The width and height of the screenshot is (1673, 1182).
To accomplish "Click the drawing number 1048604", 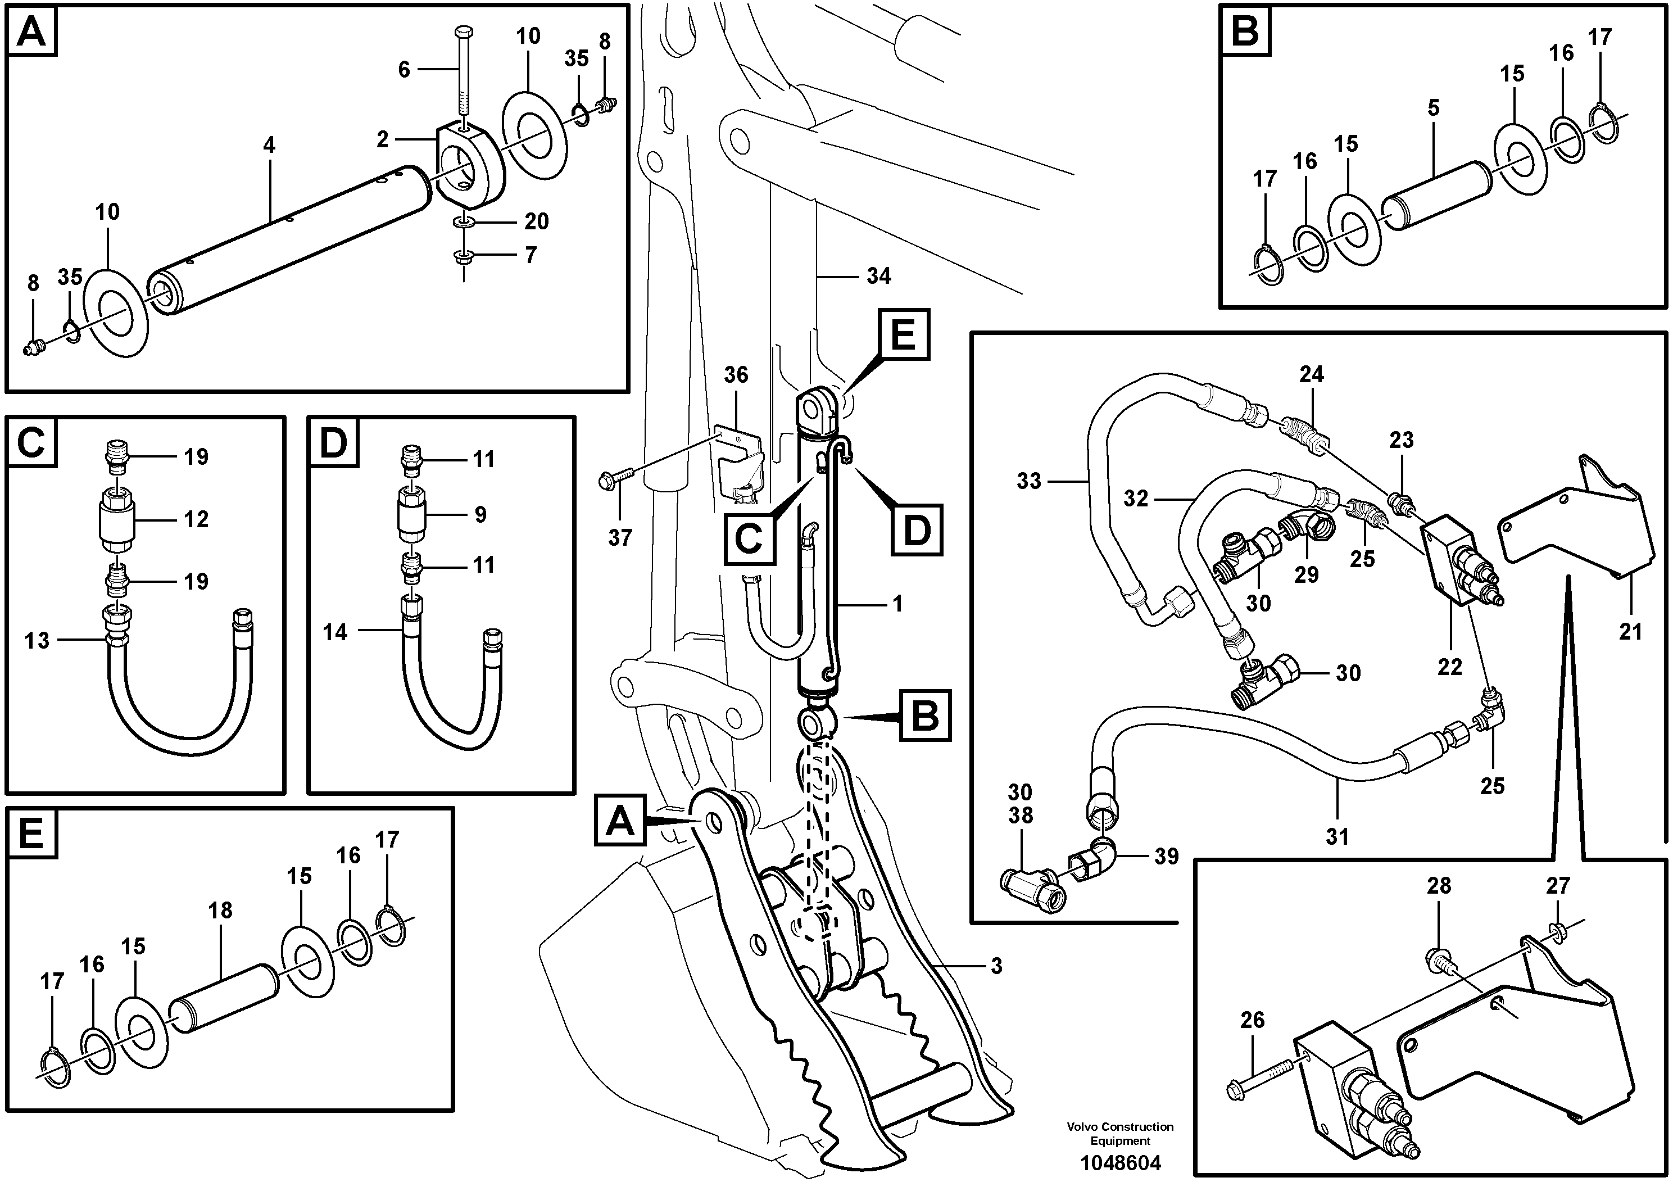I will (1120, 1163).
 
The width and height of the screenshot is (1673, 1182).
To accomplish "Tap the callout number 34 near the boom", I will (879, 276).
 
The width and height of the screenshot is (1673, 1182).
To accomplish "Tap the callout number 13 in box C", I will (37, 641).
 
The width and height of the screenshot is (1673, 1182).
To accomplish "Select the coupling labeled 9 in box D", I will (412, 514).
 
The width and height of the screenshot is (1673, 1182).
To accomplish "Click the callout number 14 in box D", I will (335, 632).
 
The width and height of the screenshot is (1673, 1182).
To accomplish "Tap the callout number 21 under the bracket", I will (1631, 631).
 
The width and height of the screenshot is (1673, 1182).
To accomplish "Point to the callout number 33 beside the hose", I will (1029, 481).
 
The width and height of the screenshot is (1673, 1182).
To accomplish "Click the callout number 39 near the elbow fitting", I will (1166, 856).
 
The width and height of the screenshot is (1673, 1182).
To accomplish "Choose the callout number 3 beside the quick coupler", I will (996, 966).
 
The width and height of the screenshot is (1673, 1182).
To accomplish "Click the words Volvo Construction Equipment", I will (1120, 1134).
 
